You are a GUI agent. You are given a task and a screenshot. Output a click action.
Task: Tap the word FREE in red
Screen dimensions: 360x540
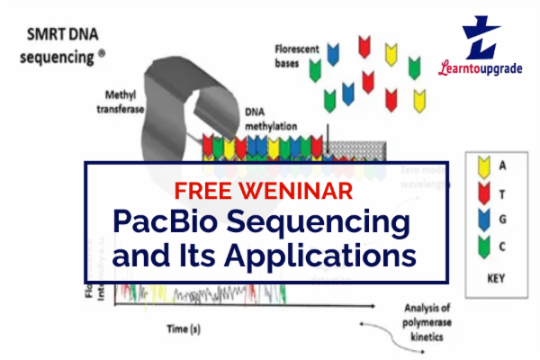pos(206,191)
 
